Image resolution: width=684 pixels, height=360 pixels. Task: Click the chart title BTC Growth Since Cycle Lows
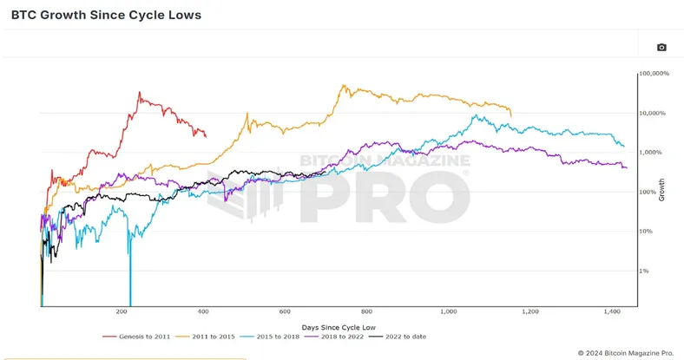(x=106, y=15)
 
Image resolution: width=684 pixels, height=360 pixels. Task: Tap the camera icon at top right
(x=661, y=47)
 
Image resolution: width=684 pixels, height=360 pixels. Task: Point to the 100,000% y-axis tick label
(x=654, y=73)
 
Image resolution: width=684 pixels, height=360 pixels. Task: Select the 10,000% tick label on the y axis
(x=653, y=113)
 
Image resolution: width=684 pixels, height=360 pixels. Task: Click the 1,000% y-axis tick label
(x=651, y=152)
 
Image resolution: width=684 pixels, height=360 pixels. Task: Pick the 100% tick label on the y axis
(x=648, y=192)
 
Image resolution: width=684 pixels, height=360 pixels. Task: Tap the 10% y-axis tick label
(x=646, y=231)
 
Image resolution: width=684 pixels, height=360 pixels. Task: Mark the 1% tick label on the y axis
(x=644, y=271)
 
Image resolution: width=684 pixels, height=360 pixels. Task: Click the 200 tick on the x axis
(x=122, y=311)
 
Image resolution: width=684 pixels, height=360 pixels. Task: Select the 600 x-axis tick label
(x=285, y=311)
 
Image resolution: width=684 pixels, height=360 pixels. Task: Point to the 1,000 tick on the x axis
(x=449, y=311)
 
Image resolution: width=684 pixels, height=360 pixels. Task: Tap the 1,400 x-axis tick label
(x=612, y=311)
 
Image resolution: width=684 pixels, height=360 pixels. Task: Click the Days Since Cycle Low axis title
(x=339, y=327)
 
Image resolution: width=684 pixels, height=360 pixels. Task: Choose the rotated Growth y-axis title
(x=661, y=190)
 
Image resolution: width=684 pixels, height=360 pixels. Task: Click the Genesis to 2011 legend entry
(x=136, y=337)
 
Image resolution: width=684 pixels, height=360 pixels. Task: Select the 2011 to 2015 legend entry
(x=206, y=337)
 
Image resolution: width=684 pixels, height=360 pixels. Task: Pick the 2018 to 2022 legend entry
(x=334, y=337)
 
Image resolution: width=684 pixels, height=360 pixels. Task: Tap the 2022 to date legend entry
(x=398, y=337)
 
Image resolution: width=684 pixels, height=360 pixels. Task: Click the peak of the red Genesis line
(x=140, y=92)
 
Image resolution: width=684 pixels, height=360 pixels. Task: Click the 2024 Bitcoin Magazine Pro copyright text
(x=626, y=353)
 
